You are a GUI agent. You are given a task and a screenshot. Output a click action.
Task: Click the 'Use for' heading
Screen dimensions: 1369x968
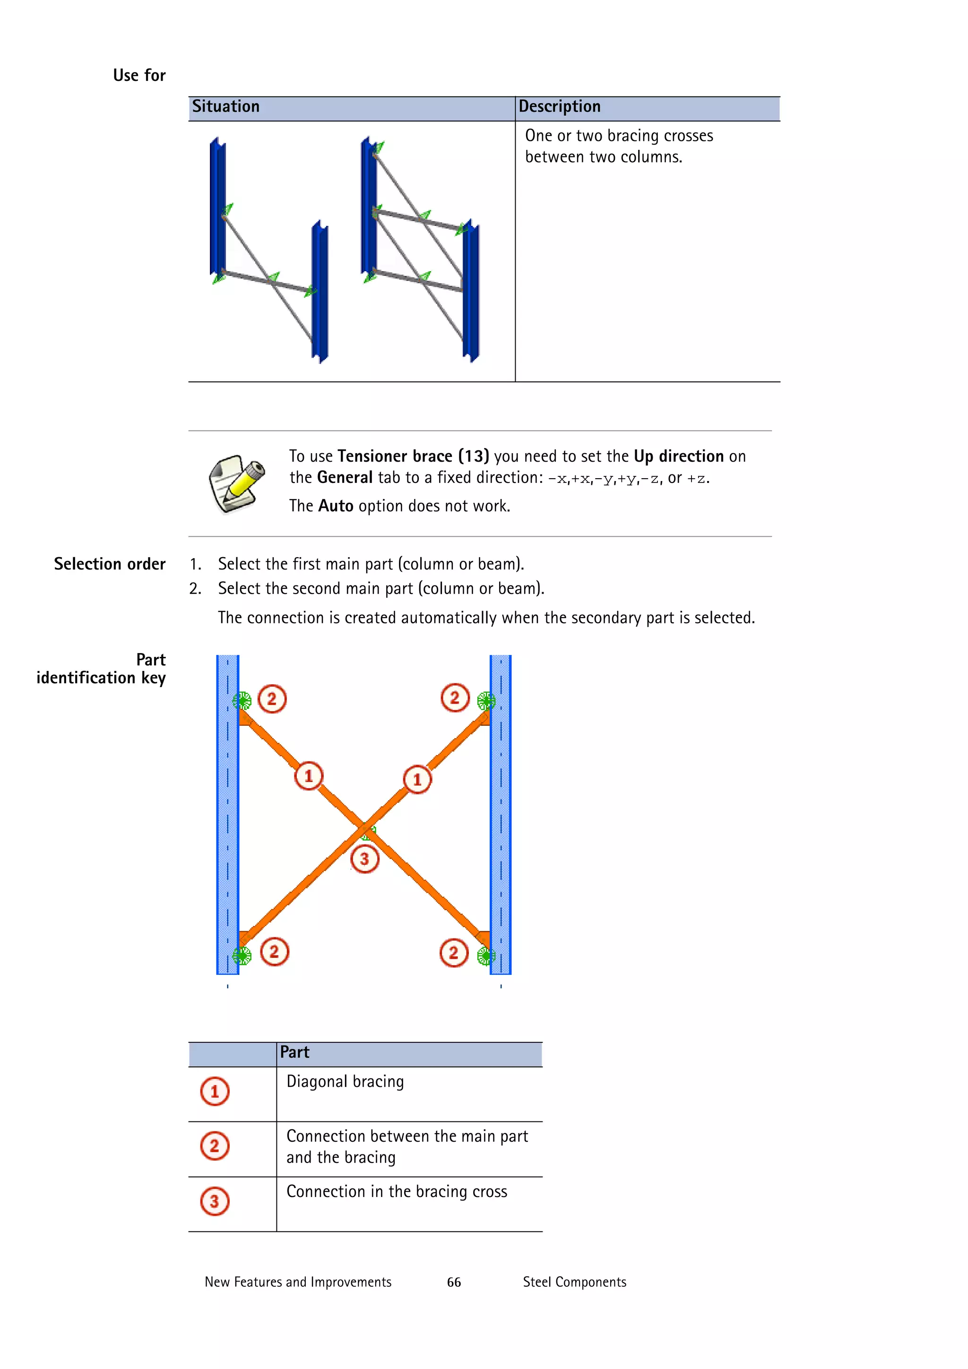[x=139, y=76]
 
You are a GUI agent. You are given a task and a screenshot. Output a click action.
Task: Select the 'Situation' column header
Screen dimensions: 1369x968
[x=225, y=107]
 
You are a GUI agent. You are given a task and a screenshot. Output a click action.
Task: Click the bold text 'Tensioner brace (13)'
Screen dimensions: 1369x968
[x=413, y=456]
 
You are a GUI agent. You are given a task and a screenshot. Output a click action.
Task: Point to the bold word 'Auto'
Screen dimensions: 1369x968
[x=336, y=506]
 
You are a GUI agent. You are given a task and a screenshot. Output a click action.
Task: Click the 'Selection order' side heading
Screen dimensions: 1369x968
[x=110, y=564]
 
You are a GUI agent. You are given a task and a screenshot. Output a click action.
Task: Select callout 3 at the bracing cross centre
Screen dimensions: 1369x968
[x=364, y=859]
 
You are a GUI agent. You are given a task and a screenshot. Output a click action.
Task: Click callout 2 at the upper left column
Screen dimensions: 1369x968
[x=272, y=699]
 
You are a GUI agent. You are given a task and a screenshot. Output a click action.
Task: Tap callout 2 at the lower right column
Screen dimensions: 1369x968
[x=454, y=952]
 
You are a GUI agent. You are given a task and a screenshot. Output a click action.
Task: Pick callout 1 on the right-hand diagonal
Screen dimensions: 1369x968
[x=417, y=779]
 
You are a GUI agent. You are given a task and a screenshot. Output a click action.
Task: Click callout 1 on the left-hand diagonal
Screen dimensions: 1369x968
[x=308, y=776]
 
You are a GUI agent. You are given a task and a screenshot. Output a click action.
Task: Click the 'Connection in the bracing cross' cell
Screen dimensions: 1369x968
[x=397, y=1191]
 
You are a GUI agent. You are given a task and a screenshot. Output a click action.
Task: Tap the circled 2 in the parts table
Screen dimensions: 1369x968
[x=215, y=1146]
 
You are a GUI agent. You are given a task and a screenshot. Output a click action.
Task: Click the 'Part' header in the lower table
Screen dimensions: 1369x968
[x=294, y=1052]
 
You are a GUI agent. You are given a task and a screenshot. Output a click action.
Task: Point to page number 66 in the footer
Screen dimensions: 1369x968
[x=454, y=1282]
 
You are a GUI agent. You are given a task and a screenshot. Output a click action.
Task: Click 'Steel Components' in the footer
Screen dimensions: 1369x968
[x=574, y=1282]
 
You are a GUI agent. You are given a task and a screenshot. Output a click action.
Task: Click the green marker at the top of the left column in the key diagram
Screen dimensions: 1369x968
[x=242, y=701]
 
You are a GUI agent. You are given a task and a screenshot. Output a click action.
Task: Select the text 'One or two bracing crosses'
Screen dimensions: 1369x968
[x=619, y=136]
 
